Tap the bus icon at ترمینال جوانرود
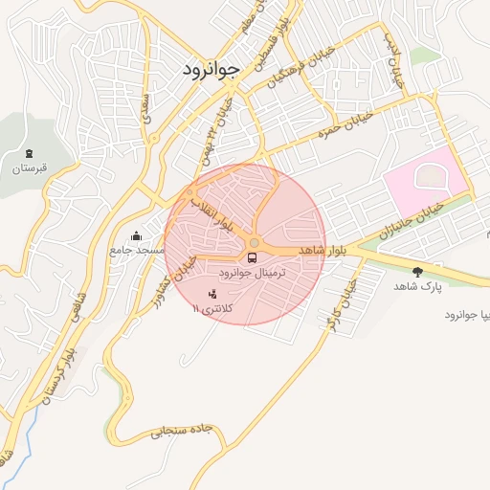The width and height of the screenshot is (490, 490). pos(253,257)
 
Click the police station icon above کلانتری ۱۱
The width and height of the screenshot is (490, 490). pos(212,293)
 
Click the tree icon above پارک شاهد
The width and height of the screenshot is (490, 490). pos(416,272)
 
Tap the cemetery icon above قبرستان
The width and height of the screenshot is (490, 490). pos(28,154)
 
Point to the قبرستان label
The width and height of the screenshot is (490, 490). pos(29,168)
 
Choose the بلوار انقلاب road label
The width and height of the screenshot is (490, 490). pos(212,214)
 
